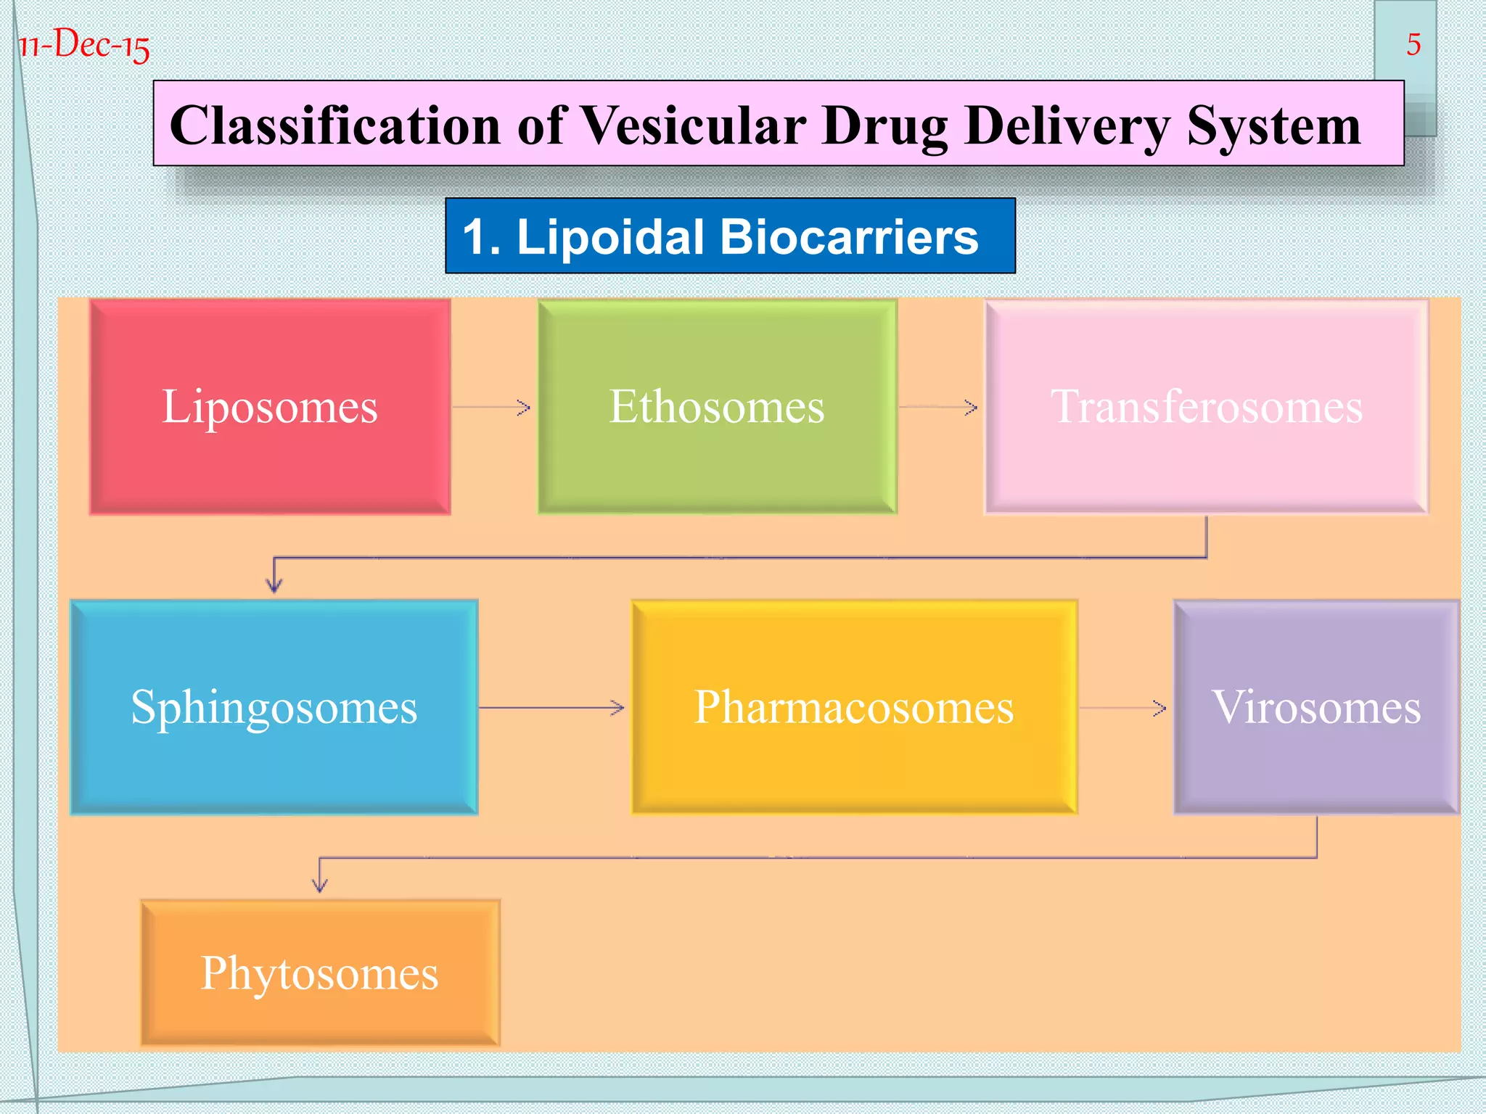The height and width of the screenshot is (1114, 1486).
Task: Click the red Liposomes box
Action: tap(270, 407)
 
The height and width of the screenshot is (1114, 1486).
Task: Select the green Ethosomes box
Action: tap(717, 407)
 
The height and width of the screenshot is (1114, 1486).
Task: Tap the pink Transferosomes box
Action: tap(1206, 407)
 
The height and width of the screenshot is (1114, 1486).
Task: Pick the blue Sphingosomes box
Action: tap(274, 707)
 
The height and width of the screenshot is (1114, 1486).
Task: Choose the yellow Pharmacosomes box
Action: tap(854, 707)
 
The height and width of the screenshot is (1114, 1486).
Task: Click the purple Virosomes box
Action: tap(1315, 707)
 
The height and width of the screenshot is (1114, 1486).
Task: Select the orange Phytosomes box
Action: tap(320, 973)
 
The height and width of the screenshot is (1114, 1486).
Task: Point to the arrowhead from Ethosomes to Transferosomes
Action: tap(971, 408)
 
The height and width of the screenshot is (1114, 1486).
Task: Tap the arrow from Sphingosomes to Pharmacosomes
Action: tap(551, 707)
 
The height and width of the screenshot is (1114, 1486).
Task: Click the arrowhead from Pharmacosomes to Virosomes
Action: tap(1159, 708)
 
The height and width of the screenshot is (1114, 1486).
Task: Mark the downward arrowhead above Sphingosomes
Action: tap(274, 585)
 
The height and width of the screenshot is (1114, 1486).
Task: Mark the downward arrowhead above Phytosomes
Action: tap(320, 885)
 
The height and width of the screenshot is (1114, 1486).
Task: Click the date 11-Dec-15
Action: tap(84, 45)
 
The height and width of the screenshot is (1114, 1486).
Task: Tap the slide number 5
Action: tap(1413, 45)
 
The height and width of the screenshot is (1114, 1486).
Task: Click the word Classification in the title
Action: tap(334, 125)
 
